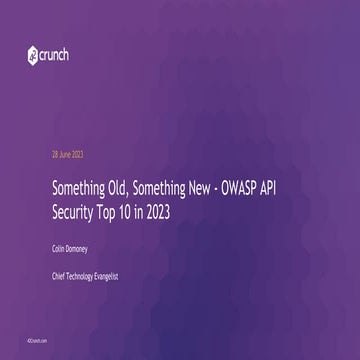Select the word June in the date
[63, 154]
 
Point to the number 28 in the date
[54, 154]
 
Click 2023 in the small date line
[76, 154]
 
